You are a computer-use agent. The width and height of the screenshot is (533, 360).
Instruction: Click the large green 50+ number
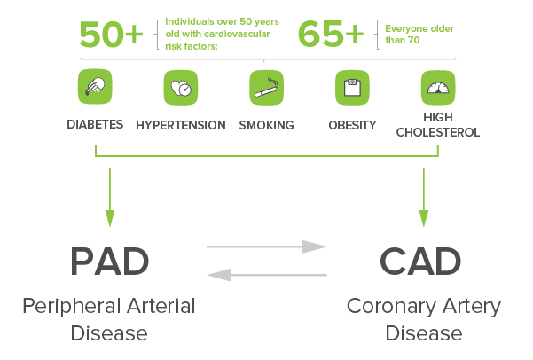[x=111, y=34]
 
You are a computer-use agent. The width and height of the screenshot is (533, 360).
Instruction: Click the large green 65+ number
[x=331, y=34]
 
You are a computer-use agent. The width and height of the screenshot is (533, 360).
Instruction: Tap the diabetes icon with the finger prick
[x=94, y=88]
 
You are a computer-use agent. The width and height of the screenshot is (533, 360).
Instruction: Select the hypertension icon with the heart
[x=180, y=88]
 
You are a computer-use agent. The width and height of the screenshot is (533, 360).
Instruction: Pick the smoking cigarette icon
[x=266, y=88]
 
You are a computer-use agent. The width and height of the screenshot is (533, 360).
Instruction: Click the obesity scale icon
[x=352, y=88]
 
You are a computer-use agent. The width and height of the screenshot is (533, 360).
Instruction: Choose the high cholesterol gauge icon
[x=438, y=88]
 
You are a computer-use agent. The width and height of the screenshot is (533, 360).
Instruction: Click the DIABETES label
[x=95, y=124]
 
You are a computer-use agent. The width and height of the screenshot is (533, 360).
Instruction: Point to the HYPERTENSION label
[x=180, y=125]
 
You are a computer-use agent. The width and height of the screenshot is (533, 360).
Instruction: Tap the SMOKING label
[x=266, y=125]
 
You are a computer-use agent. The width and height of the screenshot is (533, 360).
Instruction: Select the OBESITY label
[x=352, y=125]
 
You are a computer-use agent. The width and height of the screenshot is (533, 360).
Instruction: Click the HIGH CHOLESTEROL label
[x=438, y=125]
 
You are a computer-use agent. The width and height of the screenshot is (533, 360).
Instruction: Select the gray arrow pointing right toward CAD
[x=267, y=247]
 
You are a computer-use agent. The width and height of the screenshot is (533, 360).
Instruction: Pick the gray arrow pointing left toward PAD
[x=267, y=275]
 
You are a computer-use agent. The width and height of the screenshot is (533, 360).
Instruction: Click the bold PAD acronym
[x=110, y=262]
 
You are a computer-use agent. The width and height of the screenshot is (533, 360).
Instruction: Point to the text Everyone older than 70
[x=419, y=35]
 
